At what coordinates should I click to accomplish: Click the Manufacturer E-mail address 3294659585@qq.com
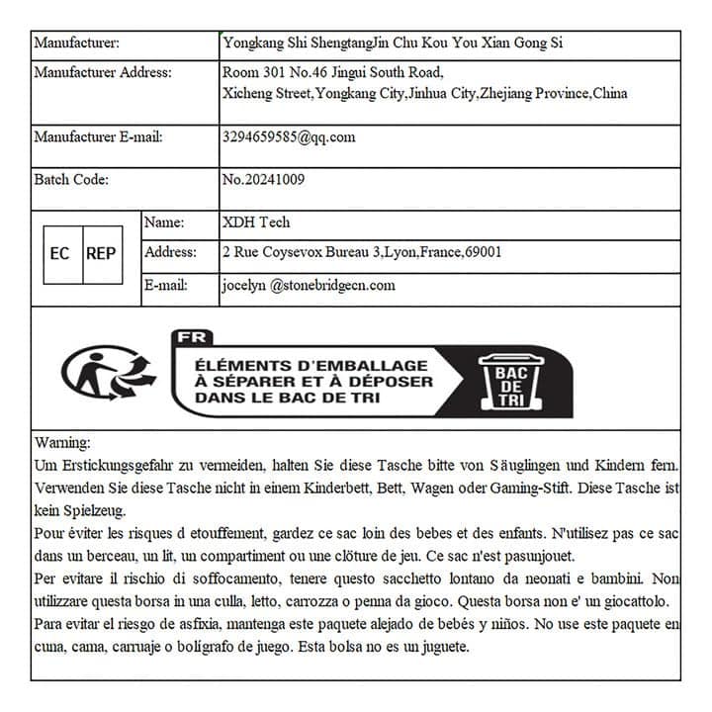click(289, 137)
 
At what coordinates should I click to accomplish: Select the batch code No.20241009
click(264, 180)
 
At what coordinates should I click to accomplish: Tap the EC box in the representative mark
click(60, 254)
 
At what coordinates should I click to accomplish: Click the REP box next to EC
click(101, 254)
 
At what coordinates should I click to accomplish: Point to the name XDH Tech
click(256, 222)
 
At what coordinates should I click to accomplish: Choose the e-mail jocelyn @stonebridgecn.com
click(309, 286)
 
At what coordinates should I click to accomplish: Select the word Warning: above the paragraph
click(62, 442)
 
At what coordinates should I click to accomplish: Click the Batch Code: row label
click(71, 180)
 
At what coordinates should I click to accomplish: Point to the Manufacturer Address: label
click(103, 72)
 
